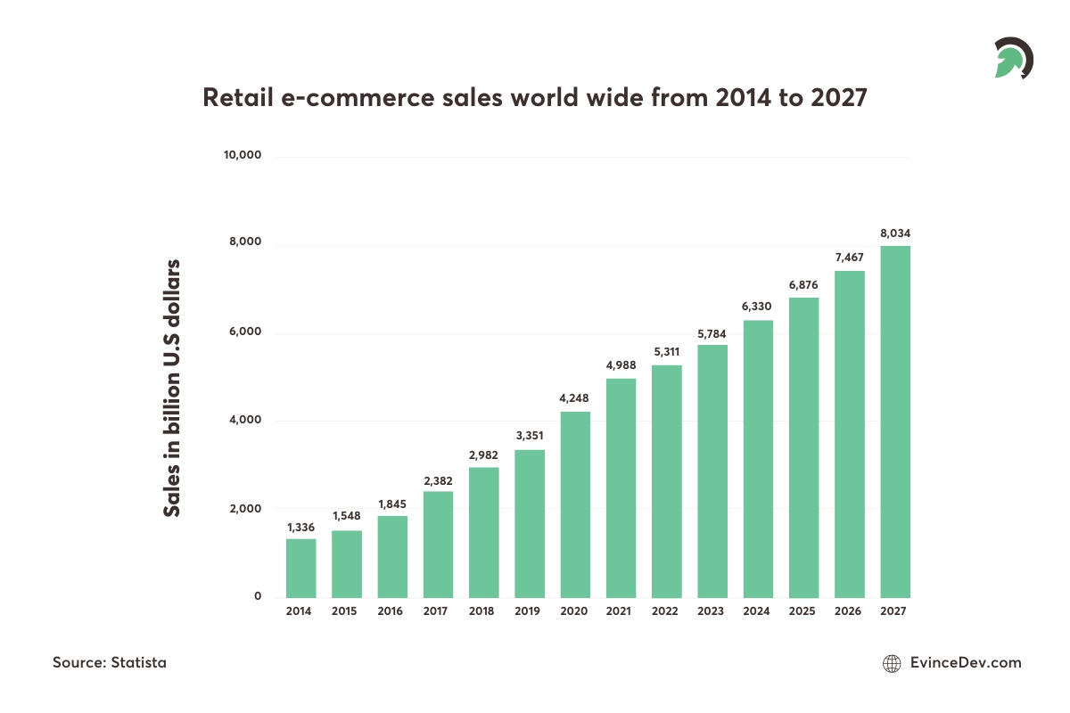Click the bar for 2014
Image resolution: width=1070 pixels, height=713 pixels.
click(x=300, y=568)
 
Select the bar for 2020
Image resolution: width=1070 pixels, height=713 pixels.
click(x=575, y=504)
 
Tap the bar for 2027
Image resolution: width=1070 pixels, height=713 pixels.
click(x=894, y=422)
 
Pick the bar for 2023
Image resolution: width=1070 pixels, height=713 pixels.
click(x=712, y=471)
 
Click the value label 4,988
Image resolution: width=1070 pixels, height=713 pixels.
click(x=621, y=364)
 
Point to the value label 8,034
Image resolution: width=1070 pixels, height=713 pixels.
click(x=894, y=234)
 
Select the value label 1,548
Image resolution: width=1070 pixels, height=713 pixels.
click(x=346, y=516)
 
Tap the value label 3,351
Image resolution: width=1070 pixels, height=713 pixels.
click(x=529, y=436)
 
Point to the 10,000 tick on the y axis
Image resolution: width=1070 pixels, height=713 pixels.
click(x=242, y=156)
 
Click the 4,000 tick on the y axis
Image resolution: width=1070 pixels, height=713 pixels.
click(x=244, y=421)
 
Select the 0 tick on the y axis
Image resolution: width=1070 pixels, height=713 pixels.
click(x=258, y=596)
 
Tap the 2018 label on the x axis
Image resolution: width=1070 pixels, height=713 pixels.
click(x=483, y=611)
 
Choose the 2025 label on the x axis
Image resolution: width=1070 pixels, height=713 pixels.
click(x=803, y=611)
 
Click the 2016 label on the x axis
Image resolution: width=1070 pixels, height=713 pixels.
click(x=391, y=611)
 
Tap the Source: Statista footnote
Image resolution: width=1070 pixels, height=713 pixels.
click(x=109, y=662)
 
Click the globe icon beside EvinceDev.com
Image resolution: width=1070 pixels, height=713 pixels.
click(x=891, y=663)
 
